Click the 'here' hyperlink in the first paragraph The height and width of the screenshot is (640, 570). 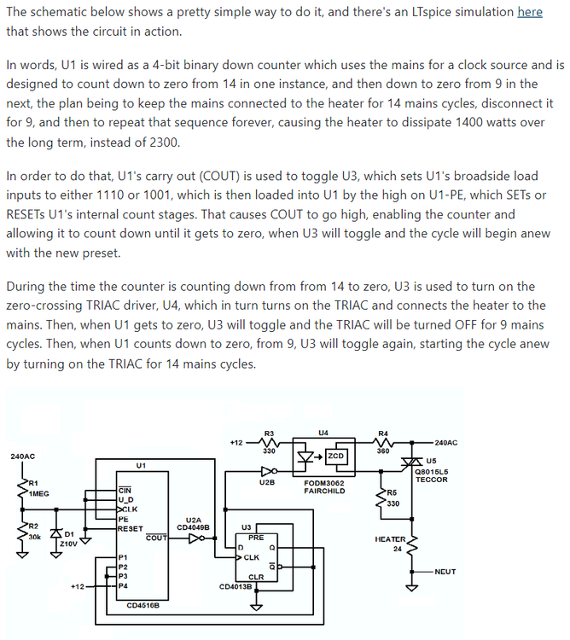(x=529, y=13)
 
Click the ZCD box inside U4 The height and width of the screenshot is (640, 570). (x=336, y=457)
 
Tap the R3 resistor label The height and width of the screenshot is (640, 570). (x=270, y=433)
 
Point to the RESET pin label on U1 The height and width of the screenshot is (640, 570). (x=130, y=528)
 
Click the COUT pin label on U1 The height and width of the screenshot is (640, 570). (x=156, y=538)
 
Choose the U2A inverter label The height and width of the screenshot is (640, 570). (x=194, y=520)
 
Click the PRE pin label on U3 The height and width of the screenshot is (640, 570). (x=256, y=538)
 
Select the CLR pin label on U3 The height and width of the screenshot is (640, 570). (x=256, y=577)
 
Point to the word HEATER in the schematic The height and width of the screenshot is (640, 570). (x=391, y=539)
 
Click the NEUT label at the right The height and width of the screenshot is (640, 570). (x=445, y=571)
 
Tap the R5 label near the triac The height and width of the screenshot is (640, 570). (x=392, y=492)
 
